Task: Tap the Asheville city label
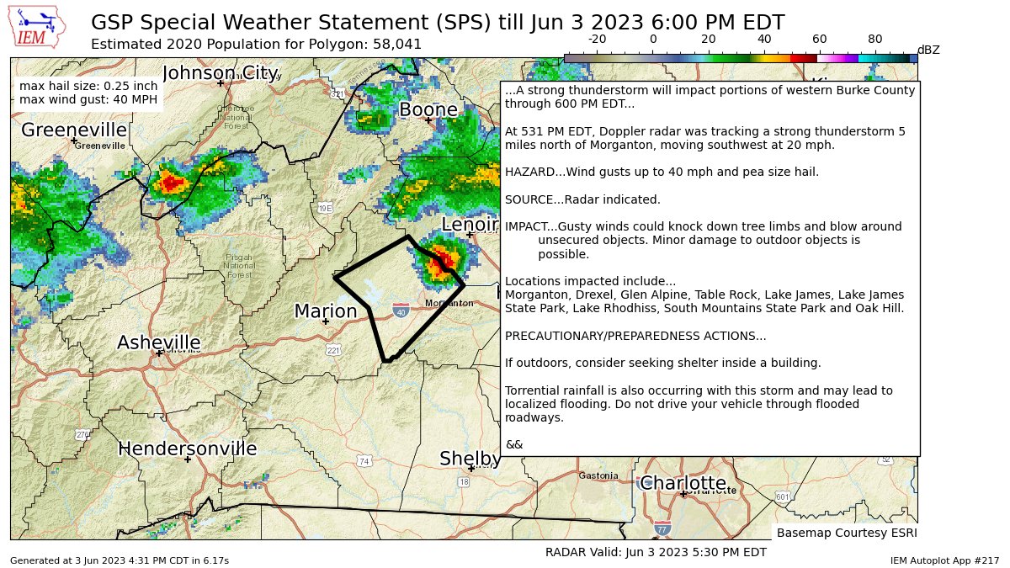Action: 158,343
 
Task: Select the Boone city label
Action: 428,110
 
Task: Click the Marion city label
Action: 326,312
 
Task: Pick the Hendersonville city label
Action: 187,449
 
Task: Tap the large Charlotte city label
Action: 683,483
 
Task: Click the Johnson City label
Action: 221,72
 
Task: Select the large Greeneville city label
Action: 74,130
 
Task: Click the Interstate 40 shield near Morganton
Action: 401,311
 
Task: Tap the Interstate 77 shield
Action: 662,529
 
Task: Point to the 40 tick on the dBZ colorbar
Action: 763,39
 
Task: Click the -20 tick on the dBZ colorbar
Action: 597,39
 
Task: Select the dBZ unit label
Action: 928,50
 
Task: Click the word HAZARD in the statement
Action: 527,173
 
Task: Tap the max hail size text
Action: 88,86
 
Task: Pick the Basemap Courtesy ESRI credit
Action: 846,533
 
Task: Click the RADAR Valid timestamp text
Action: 656,552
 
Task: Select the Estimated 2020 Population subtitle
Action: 256,44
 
